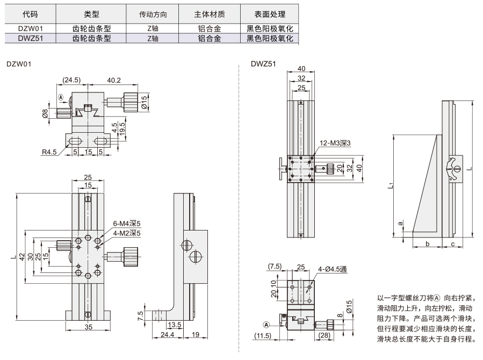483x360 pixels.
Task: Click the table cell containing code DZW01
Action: (30, 28)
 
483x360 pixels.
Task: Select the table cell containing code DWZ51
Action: (30, 38)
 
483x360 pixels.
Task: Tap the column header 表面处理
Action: (270, 14)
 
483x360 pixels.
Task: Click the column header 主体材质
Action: (210, 14)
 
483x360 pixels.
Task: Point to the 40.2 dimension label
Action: (114, 81)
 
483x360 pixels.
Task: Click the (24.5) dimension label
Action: (71, 80)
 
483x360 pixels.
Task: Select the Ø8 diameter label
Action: (45, 113)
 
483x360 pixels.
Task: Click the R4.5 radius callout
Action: (49, 152)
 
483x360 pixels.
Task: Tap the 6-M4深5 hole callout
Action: (127, 224)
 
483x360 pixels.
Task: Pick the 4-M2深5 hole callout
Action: (127, 233)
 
